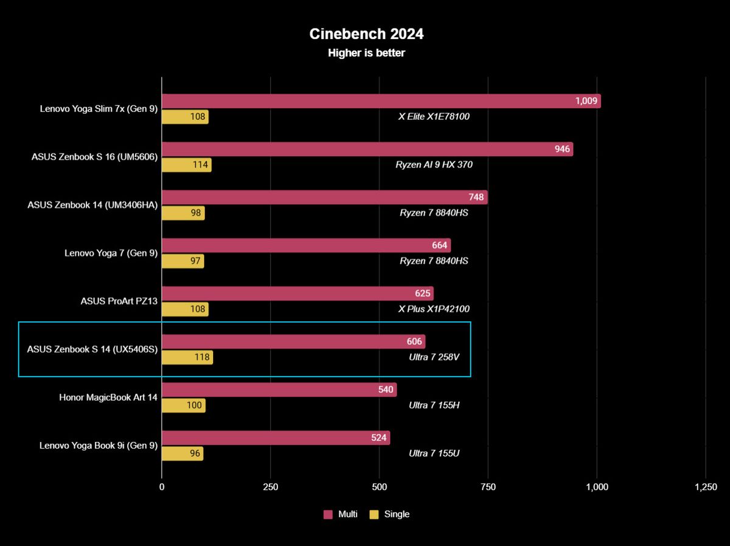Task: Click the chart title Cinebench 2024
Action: [366, 34]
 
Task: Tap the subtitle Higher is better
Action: [366, 53]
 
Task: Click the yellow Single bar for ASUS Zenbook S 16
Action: [186, 165]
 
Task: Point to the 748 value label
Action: [476, 197]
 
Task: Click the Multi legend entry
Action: [341, 514]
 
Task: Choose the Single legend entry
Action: [390, 514]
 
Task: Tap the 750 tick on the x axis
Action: [488, 487]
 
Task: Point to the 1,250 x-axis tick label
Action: [705, 487]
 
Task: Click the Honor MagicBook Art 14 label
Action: [108, 397]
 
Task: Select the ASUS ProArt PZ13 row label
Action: [119, 301]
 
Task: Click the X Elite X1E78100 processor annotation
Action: [434, 116]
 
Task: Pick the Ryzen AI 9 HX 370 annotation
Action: [434, 164]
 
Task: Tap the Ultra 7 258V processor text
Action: [434, 357]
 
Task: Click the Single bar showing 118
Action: [187, 357]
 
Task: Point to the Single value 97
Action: [195, 261]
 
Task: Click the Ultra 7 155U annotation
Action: [434, 453]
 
